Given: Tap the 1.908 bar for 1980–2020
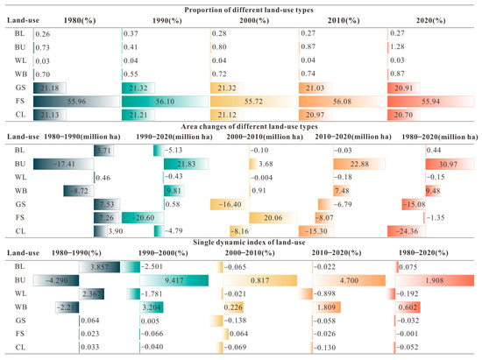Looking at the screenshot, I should [429, 281].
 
